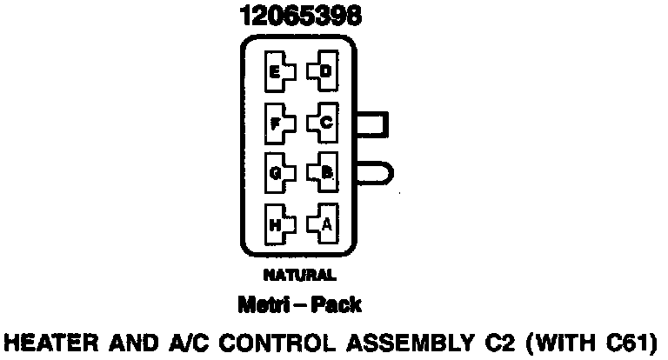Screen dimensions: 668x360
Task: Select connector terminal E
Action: coord(276,72)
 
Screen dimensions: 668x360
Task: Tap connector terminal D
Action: coord(324,72)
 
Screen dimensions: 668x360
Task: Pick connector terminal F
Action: coord(276,123)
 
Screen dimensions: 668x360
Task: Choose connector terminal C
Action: coord(324,123)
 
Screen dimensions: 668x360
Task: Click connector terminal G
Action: coord(276,173)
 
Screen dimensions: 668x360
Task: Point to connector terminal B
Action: coord(324,173)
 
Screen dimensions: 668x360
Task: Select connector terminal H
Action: coord(276,224)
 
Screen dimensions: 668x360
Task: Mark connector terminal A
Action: coord(324,223)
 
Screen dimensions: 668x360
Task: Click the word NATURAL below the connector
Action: coord(298,276)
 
